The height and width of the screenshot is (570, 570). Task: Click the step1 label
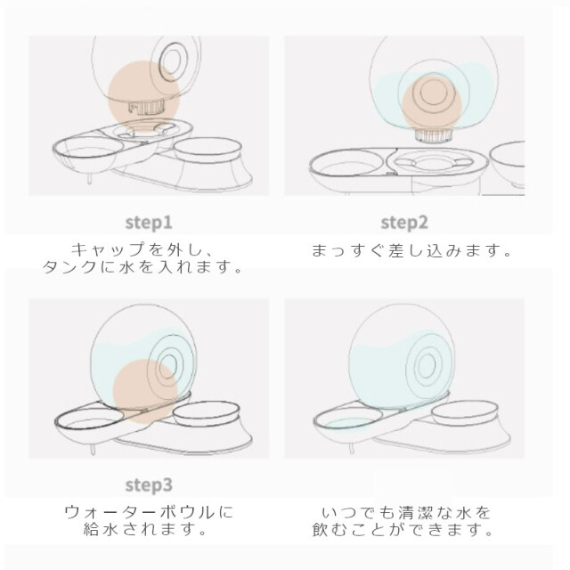(149, 223)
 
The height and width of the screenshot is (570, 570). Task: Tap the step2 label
(404, 223)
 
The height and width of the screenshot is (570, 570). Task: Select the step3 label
(149, 484)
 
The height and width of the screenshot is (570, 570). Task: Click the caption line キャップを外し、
(142, 249)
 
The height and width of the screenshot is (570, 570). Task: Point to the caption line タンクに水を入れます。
(142, 267)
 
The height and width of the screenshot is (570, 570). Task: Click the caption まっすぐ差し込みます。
(411, 250)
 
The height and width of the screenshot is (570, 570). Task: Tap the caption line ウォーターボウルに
(149, 512)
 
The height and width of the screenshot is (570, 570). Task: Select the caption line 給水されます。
(145, 530)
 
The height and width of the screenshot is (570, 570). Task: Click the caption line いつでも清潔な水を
(406, 513)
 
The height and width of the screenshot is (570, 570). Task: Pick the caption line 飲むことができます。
(403, 530)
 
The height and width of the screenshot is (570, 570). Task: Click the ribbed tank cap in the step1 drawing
(146, 107)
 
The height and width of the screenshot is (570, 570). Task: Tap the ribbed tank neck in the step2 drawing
(434, 134)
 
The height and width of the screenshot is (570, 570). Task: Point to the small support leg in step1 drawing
(89, 179)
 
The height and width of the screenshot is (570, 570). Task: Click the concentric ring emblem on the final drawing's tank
(427, 364)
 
